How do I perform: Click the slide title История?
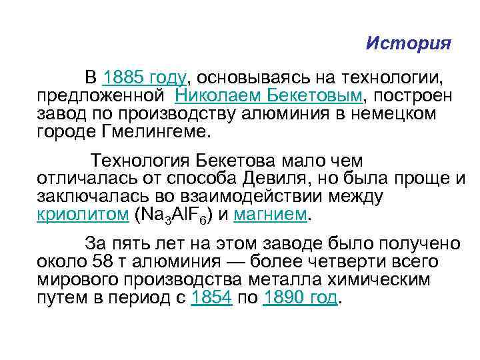409,44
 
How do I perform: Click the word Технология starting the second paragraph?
134,161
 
